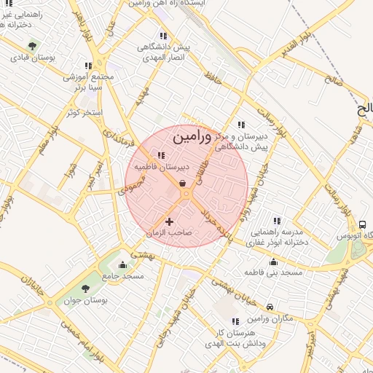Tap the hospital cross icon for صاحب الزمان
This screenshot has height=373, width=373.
point(170,221)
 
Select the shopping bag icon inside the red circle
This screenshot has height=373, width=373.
point(181,183)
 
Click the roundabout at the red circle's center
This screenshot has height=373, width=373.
point(186,194)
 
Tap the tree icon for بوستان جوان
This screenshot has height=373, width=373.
point(86,288)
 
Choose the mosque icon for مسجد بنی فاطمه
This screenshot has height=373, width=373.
point(274,262)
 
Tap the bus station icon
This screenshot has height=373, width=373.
point(363,224)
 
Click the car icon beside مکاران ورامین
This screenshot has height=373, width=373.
point(270,307)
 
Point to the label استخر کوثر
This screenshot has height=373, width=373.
point(83,113)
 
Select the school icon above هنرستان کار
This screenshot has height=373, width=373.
point(235,321)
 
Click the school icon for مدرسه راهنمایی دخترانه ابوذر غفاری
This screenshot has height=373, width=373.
point(276,220)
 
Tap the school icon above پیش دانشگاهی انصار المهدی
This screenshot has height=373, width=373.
point(163,35)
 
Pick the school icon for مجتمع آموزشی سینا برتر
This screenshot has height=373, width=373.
point(89,66)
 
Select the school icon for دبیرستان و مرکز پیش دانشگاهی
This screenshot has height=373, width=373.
point(241,125)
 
